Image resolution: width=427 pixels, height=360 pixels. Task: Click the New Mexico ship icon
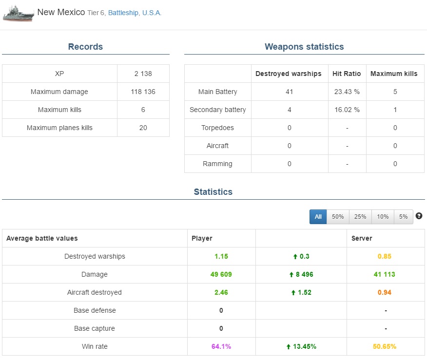[19, 13]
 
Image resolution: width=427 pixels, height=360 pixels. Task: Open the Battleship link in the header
[123, 13]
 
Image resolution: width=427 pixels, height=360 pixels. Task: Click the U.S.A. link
[152, 13]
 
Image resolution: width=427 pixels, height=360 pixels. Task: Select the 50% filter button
[338, 217]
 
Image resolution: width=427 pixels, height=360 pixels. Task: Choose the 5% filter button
[403, 217]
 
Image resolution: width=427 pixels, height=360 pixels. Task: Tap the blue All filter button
[318, 217]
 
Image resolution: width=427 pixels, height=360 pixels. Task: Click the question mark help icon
[419, 216]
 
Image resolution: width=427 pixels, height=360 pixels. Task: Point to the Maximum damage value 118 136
[143, 92]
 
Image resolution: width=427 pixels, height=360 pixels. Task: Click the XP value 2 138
[143, 74]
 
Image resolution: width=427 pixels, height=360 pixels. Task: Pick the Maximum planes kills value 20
[143, 128]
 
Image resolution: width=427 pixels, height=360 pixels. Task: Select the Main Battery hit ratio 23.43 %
[347, 92]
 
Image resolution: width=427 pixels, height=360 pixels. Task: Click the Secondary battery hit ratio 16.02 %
[347, 110]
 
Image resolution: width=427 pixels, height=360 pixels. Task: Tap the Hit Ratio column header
[347, 74]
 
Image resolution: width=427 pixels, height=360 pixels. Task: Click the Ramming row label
[217, 164]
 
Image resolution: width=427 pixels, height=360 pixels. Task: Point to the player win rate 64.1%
[221, 346]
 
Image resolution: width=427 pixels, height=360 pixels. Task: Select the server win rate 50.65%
[384, 346]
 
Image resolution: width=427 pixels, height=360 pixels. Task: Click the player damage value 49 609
[221, 274]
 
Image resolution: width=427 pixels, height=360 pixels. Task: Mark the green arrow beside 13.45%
[289, 347]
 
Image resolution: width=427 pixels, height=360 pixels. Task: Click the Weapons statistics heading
[304, 47]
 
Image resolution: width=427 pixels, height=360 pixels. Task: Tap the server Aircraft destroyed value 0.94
[384, 292]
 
